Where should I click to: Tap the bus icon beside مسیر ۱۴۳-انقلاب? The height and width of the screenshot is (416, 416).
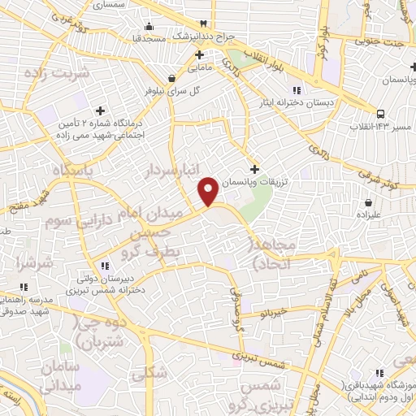(x=381, y=113)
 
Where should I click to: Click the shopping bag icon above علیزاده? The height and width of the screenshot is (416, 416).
(x=368, y=201)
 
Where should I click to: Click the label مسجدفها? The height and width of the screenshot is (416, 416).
(x=150, y=37)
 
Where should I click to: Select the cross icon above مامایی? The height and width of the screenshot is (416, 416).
(x=198, y=54)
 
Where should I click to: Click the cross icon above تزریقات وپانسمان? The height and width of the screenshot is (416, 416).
(x=254, y=169)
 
